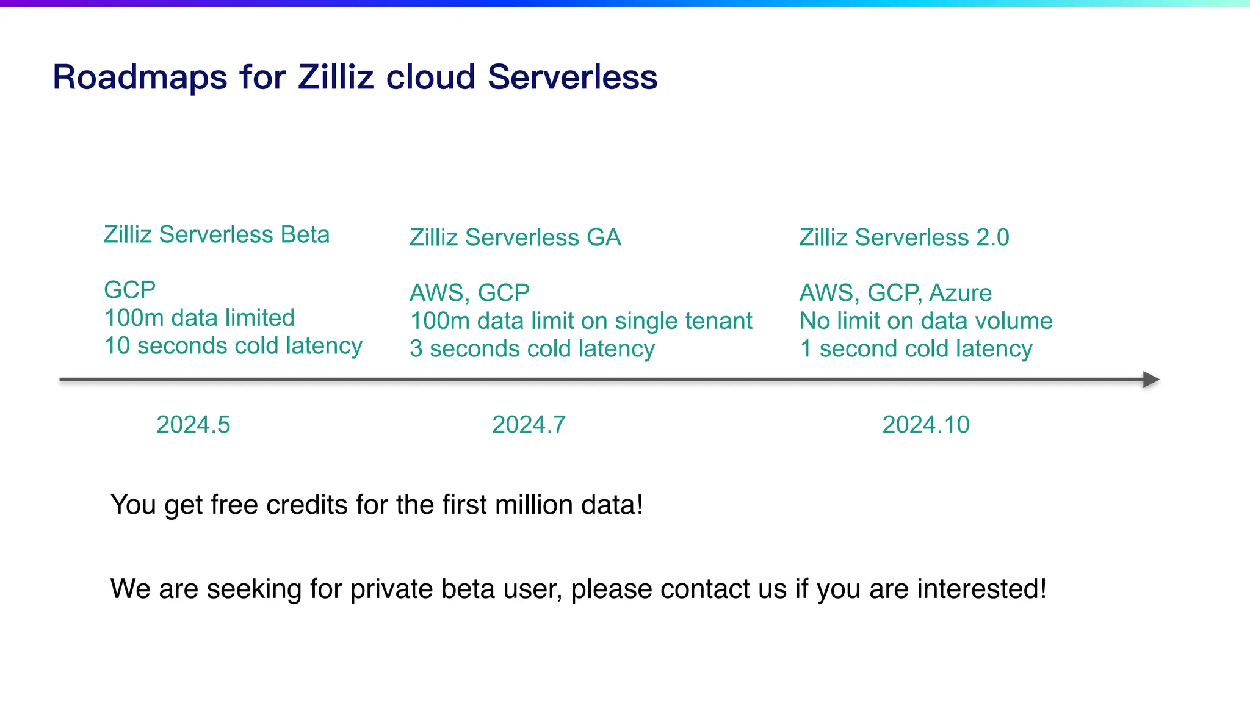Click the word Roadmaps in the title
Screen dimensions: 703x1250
click(140, 78)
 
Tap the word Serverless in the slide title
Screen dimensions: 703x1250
click(572, 78)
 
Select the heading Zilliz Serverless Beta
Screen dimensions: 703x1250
click(216, 235)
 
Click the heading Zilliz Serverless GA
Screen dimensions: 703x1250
click(515, 237)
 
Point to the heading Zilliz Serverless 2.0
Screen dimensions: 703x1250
click(904, 237)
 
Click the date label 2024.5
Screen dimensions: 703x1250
click(193, 425)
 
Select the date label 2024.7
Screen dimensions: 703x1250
click(529, 425)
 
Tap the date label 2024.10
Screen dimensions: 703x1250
click(925, 425)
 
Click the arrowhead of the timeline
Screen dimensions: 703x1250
click(1151, 380)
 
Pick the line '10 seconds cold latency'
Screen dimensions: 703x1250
click(233, 346)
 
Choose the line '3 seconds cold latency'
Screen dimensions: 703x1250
click(532, 349)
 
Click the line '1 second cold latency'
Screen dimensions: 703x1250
click(916, 349)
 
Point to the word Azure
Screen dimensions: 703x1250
click(960, 294)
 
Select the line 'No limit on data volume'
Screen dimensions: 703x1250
click(925, 321)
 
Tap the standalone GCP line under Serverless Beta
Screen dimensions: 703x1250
click(129, 290)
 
